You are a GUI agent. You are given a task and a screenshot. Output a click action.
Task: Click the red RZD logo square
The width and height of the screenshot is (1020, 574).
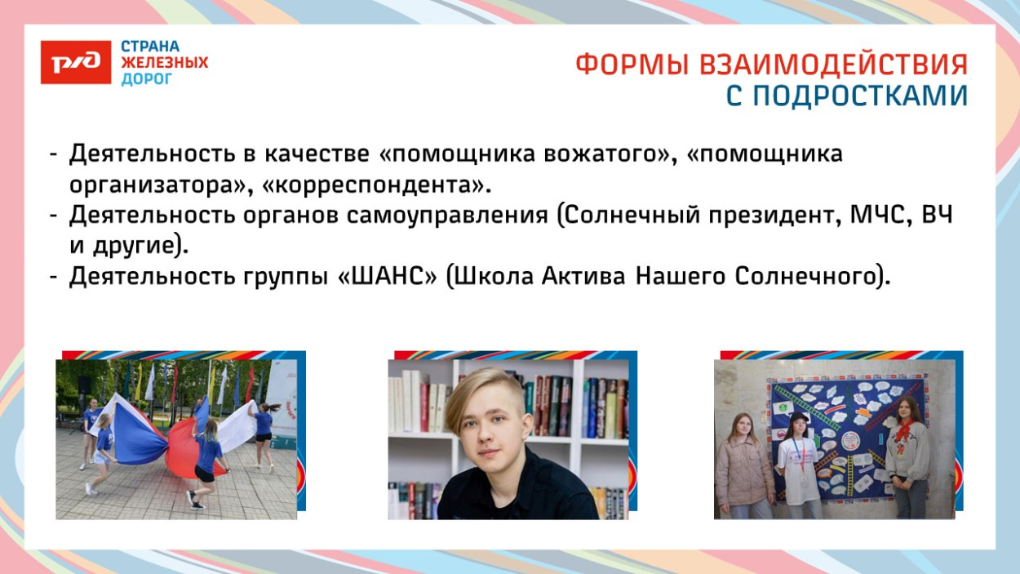[x=76, y=62]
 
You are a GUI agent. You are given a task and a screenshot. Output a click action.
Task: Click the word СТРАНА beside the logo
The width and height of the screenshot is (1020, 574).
[x=150, y=47]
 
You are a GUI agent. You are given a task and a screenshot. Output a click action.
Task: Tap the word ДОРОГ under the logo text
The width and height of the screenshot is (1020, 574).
[x=147, y=79]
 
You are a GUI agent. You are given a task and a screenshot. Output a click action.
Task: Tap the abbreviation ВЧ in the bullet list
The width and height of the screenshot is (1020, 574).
[x=937, y=216]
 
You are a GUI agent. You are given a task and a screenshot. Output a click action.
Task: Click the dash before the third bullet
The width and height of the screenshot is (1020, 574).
[x=53, y=278]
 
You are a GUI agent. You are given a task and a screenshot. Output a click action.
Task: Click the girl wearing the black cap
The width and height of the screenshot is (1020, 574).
[x=800, y=465]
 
